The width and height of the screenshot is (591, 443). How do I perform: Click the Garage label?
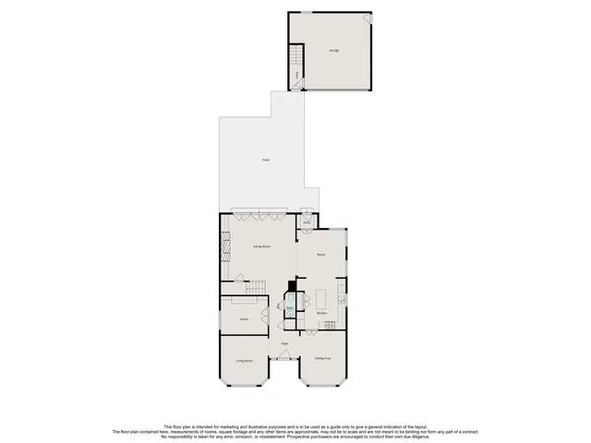(x=332, y=51)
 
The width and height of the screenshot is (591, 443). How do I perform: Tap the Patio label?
(x=265, y=161)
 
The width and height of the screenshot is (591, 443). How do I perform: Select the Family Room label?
(x=262, y=247)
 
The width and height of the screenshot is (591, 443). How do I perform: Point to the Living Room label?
(x=244, y=361)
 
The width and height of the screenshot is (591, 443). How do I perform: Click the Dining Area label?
(x=321, y=358)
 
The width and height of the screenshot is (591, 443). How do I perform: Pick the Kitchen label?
(x=321, y=314)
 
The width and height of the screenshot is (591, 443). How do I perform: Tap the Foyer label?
(x=286, y=343)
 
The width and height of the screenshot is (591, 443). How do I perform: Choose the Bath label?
(x=289, y=307)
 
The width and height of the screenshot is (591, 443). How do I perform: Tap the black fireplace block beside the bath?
(x=293, y=287)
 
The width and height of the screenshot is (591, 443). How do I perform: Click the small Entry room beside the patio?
(x=307, y=222)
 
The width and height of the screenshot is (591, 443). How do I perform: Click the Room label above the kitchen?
(x=321, y=254)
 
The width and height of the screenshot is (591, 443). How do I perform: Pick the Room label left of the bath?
(x=245, y=319)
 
